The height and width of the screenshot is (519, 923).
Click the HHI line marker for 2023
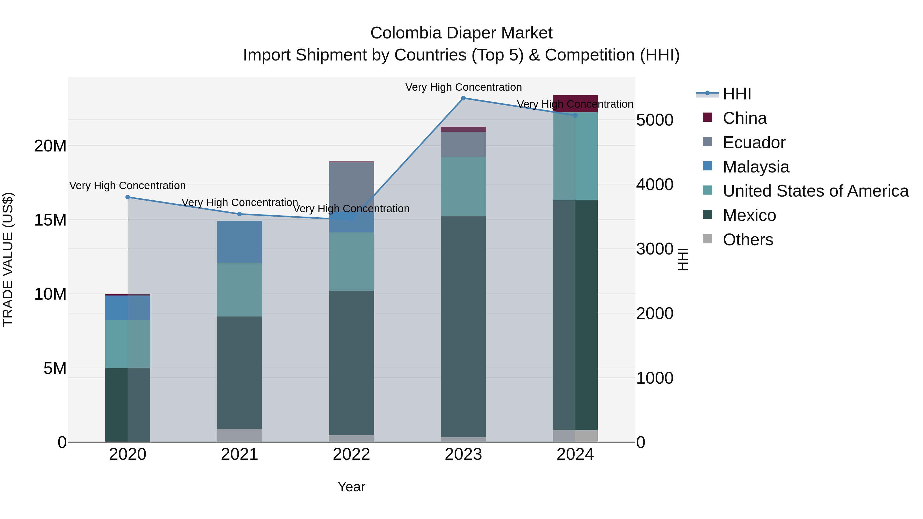click(x=463, y=98)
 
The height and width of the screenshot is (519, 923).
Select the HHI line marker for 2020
click(x=128, y=197)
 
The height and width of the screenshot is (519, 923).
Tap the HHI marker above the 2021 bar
click(x=240, y=214)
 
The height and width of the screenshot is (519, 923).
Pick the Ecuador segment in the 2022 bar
click(x=352, y=186)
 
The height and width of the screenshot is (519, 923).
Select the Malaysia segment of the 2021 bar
click(x=240, y=242)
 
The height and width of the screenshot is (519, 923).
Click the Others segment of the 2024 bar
click(x=575, y=436)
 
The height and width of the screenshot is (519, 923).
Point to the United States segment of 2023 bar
click(x=463, y=186)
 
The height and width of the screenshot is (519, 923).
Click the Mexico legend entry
click(x=749, y=215)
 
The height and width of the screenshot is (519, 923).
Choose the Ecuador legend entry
click(x=754, y=143)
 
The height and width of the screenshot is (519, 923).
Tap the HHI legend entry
click(x=736, y=94)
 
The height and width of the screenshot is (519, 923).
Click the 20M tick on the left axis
click(x=50, y=146)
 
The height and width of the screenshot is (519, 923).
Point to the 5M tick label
click(x=55, y=368)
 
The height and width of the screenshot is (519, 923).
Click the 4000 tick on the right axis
click(x=655, y=185)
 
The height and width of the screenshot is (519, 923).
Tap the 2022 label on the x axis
click(x=351, y=454)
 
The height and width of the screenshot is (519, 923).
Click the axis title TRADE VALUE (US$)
click(x=8, y=259)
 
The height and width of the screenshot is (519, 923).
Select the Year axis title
click(x=351, y=487)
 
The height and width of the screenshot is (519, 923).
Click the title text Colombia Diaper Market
click(x=461, y=33)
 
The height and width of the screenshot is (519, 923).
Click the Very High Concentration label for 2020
click(x=128, y=186)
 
